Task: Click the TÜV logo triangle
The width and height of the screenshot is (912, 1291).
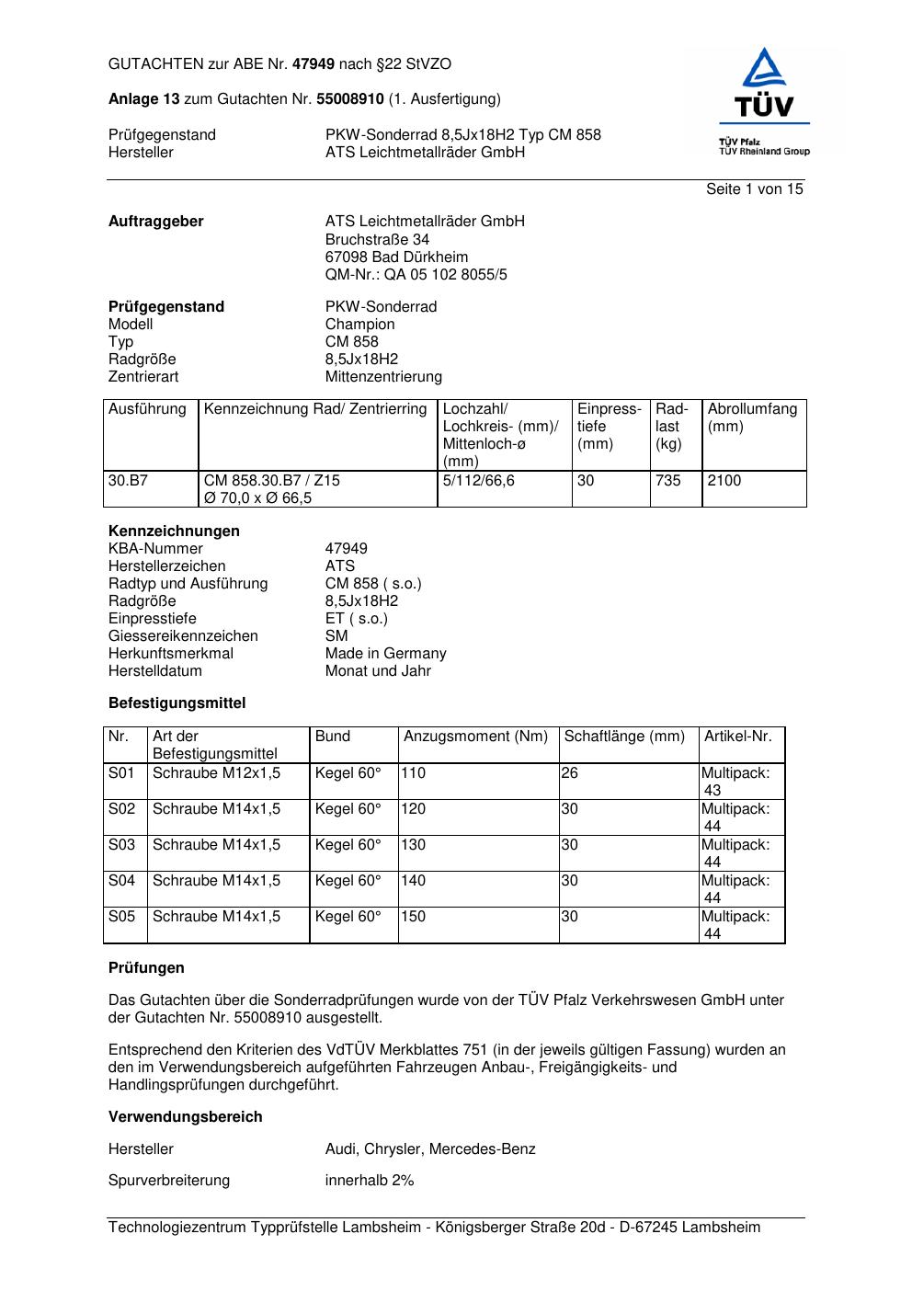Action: click(764, 70)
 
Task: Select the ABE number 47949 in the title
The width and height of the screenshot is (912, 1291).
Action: click(313, 64)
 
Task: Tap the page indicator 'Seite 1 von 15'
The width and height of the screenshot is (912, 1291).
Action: click(754, 189)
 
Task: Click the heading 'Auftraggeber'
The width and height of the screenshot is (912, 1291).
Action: click(155, 222)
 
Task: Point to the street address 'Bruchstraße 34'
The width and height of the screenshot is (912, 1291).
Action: click(377, 239)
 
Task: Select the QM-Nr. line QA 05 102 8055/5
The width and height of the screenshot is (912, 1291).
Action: click(416, 274)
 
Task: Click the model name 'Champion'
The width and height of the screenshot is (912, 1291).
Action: click(359, 324)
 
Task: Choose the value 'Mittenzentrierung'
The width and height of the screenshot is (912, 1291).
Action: click(383, 376)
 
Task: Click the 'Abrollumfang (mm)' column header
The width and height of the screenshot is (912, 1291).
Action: click(752, 417)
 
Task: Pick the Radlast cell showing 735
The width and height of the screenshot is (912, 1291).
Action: click(668, 480)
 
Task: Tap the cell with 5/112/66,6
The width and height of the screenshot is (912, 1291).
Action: click(478, 480)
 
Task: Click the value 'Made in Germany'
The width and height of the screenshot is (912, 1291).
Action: click(385, 653)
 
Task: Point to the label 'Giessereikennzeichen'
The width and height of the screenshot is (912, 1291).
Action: click(183, 635)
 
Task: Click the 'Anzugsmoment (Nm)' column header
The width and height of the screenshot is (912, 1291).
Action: click(475, 736)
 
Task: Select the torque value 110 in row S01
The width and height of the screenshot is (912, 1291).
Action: click(414, 772)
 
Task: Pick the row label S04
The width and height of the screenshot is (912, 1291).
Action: click(121, 880)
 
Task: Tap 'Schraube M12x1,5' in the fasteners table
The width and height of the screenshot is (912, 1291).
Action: click(216, 772)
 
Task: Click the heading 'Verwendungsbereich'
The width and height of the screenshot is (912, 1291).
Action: click(185, 1116)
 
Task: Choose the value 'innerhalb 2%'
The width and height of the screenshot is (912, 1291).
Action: click(369, 1180)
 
